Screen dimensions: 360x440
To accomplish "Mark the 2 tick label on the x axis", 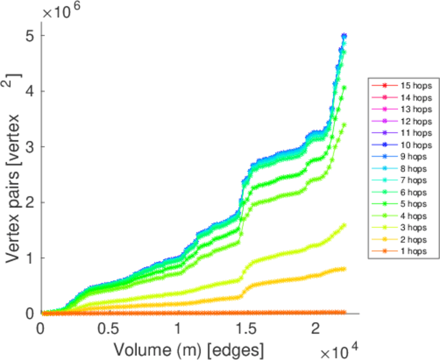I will [316, 329].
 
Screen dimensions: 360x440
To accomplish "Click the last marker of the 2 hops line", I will [344, 269].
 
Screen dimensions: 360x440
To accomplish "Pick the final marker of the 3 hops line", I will [344, 226].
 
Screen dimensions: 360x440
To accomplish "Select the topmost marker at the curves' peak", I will [344, 36].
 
